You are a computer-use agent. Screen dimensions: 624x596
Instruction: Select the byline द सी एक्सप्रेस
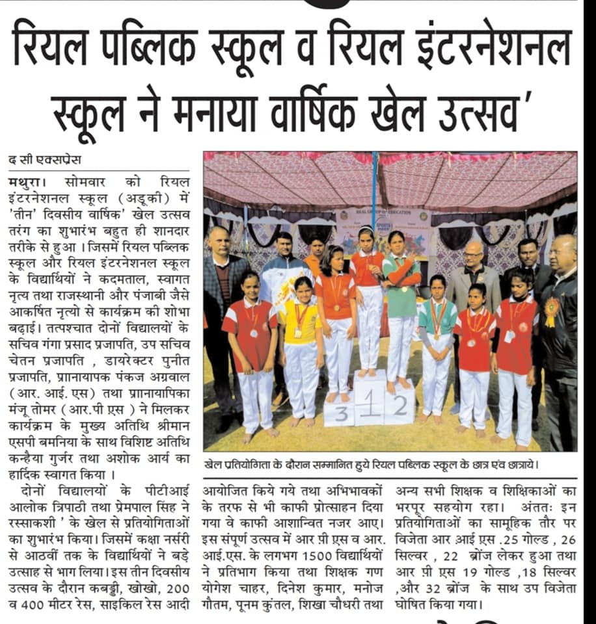pos(46,159)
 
